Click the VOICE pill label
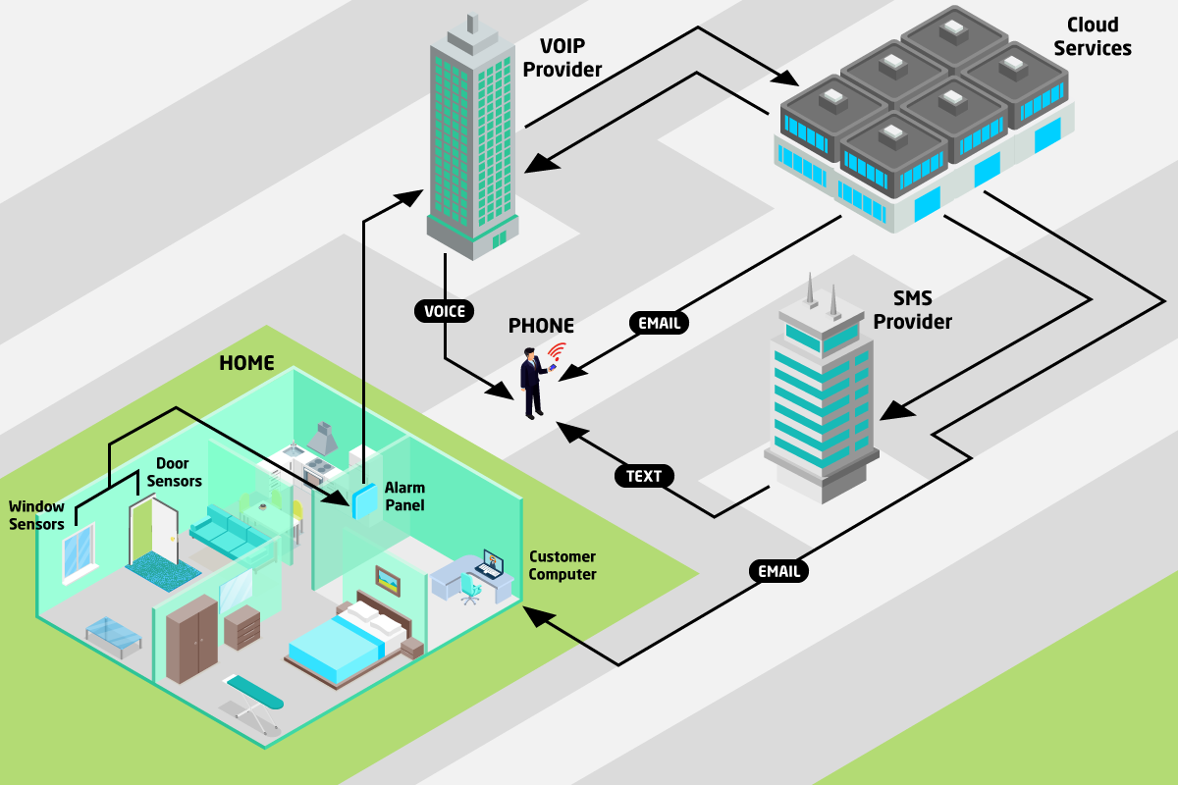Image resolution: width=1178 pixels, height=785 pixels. tap(445, 311)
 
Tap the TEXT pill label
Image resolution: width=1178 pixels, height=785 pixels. tap(644, 476)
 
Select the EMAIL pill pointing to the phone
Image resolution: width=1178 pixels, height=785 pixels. tap(659, 323)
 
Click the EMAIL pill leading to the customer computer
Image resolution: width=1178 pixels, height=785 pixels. tap(778, 571)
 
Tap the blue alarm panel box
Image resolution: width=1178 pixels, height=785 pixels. tap(364, 501)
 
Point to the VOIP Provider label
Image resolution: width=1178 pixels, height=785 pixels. tap(562, 58)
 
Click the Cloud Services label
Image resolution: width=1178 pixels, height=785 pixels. tap(1093, 36)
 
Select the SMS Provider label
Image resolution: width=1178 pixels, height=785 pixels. tap(912, 310)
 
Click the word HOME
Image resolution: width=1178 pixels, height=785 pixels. tap(246, 363)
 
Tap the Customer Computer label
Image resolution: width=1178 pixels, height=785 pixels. tap(562, 565)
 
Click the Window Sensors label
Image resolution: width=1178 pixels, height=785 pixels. tap(36, 515)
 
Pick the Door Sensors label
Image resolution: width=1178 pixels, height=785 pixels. tap(174, 472)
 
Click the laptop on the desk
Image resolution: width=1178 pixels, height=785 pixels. tap(491, 564)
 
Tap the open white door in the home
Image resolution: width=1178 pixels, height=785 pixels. tap(155, 531)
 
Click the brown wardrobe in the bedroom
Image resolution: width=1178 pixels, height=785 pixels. tap(192, 639)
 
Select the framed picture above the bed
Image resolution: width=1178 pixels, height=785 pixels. tap(388, 581)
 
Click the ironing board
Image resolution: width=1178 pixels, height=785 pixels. tap(253, 704)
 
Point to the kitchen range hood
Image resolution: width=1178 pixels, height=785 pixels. tap(323, 439)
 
